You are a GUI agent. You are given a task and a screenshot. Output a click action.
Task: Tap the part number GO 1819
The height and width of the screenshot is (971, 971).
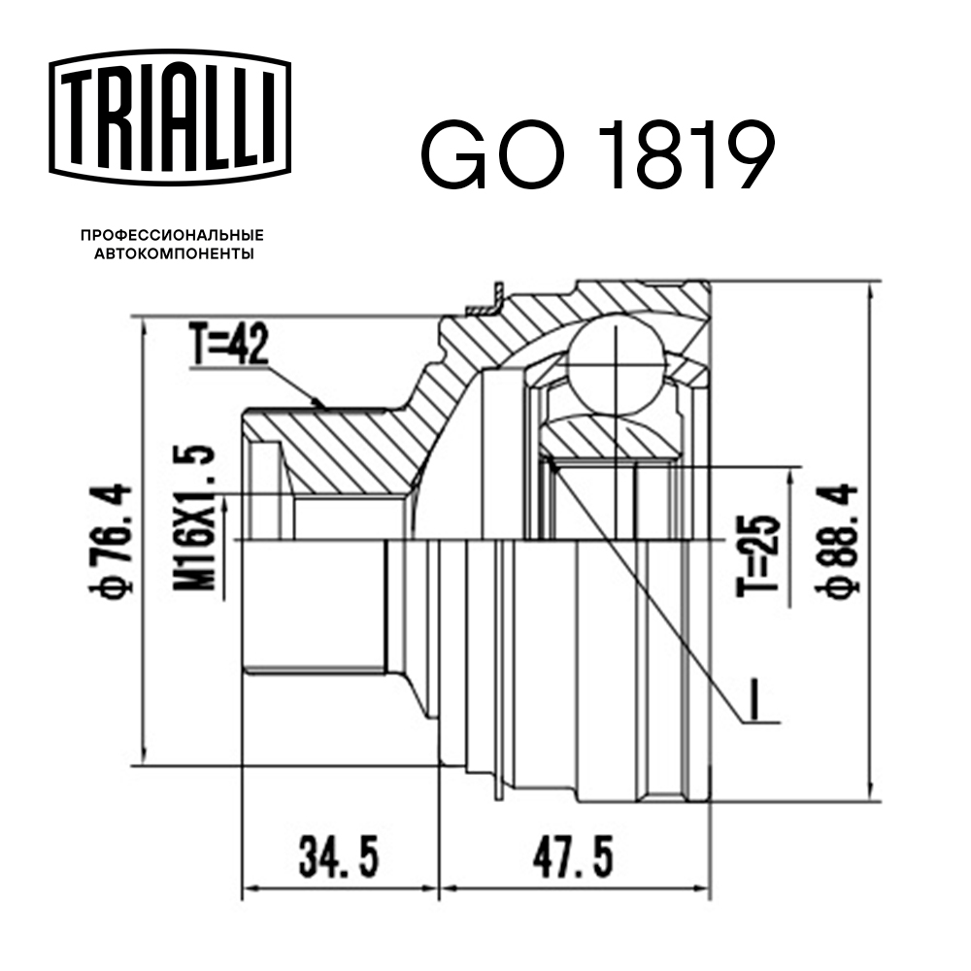tap(597, 155)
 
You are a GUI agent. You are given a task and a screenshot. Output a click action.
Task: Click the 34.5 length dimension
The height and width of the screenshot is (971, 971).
tap(337, 857)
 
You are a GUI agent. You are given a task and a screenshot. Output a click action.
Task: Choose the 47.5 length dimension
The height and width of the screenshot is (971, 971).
tap(574, 857)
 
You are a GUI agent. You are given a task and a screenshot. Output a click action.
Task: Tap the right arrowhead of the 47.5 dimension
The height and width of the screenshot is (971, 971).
tap(703, 888)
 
